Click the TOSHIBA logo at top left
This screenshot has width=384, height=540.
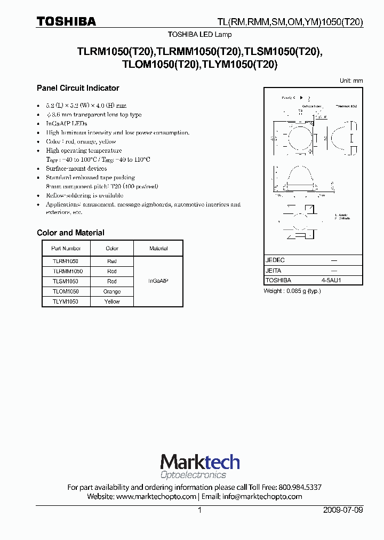66,21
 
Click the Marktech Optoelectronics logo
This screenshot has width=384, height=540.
200,466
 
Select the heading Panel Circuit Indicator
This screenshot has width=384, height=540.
78,88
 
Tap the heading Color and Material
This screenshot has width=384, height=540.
70,233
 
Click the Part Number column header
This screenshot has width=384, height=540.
66,248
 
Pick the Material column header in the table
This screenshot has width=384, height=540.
158,248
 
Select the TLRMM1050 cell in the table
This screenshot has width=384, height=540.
67,271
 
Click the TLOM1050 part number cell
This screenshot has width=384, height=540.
66,291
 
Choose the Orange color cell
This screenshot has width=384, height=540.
112,291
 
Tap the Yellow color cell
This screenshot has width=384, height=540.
112,301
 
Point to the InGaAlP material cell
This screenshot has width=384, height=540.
158,281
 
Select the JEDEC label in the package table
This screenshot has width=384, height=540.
275,260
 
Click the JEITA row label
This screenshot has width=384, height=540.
274,270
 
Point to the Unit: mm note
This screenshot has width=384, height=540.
351,80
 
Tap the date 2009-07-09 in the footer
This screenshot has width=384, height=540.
343,510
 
